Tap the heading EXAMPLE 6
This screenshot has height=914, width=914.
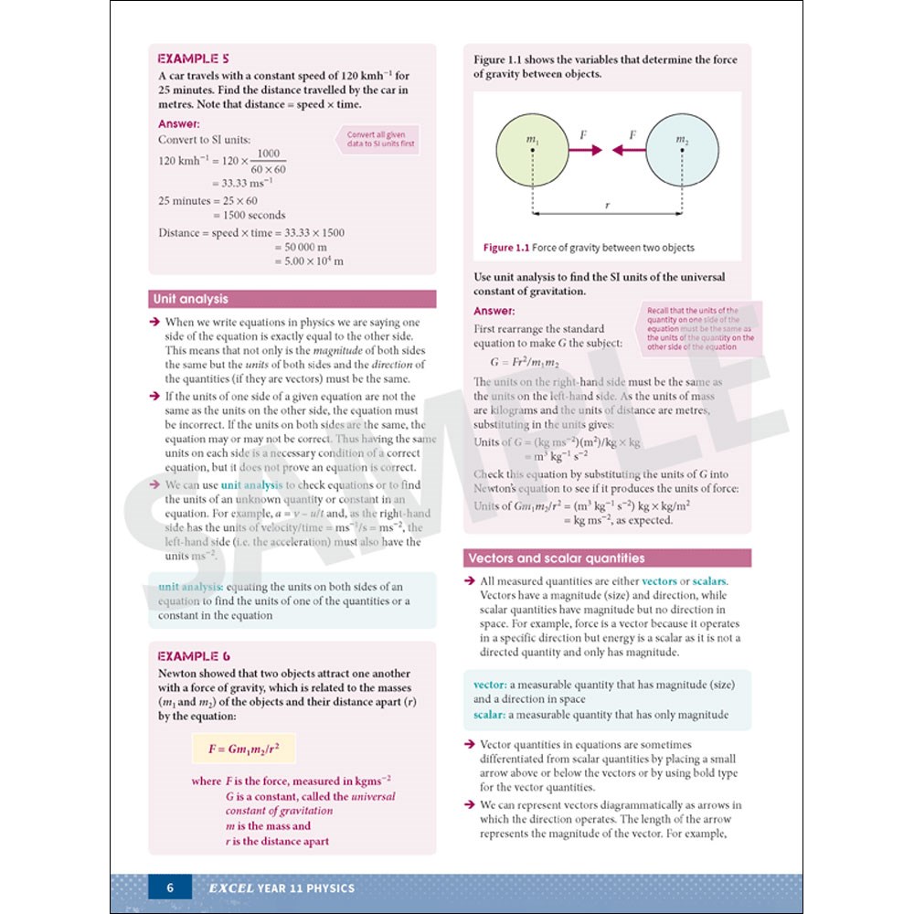pyautogui.click(x=194, y=655)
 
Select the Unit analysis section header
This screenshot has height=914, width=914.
pyautogui.click(x=191, y=299)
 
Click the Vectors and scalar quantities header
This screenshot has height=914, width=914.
pyautogui.click(x=556, y=558)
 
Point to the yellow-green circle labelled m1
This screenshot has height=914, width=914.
pyautogui.click(x=531, y=149)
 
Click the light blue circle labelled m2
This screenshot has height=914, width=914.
pyautogui.click(x=681, y=149)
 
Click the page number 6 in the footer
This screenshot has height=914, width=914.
pyautogui.click(x=169, y=887)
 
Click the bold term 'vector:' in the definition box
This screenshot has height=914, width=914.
pyautogui.click(x=490, y=685)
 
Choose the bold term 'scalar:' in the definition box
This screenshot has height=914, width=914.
pyautogui.click(x=490, y=715)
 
